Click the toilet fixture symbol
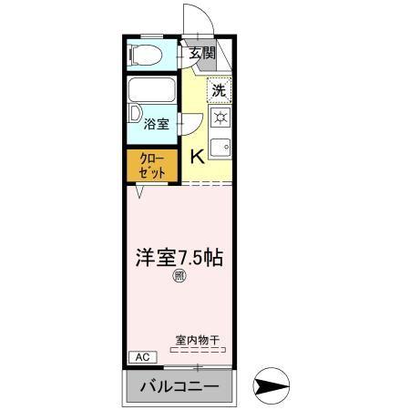click(x=145, y=55)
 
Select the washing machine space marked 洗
click(x=220, y=90)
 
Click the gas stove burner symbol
click(x=220, y=117)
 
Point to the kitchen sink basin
click(x=220, y=148)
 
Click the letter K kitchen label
click(x=197, y=157)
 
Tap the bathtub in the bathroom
click(x=152, y=90)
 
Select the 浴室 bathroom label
click(x=156, y=124)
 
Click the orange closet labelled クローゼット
click(x=152, y=166)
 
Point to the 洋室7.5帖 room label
click(x=179, y=258)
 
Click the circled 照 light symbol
click(x=179, y=276)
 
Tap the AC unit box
click(x=143, y=357)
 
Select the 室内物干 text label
click(x=198, y=340)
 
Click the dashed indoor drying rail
click(x=198, y=350)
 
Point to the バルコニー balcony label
click(x=179, y=387)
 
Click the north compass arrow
click(x=272, y=386)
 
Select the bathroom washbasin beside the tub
click(x=135, y=113)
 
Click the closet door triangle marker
click(x=139, y=191)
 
